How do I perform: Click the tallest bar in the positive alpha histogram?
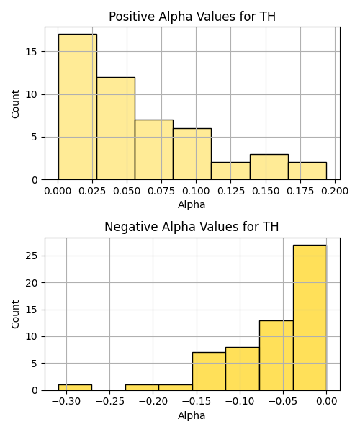77,107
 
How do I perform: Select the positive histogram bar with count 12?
116,128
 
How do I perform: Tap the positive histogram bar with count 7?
154,150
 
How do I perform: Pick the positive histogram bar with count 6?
192,154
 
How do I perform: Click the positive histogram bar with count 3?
269,167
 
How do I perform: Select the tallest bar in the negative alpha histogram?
310,318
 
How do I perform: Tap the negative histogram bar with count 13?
276,356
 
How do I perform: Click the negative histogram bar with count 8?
243,369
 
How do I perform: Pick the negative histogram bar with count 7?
209,372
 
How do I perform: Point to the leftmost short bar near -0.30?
75,387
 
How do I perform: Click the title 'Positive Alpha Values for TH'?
192,17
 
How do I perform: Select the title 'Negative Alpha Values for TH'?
192,227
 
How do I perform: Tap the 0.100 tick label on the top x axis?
196,191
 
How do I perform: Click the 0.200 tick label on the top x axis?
335,191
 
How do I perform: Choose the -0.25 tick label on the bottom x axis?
110,401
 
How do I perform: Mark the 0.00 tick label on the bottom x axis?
326,401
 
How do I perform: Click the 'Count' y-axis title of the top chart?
16,104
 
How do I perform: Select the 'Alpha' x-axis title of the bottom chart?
192,415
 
